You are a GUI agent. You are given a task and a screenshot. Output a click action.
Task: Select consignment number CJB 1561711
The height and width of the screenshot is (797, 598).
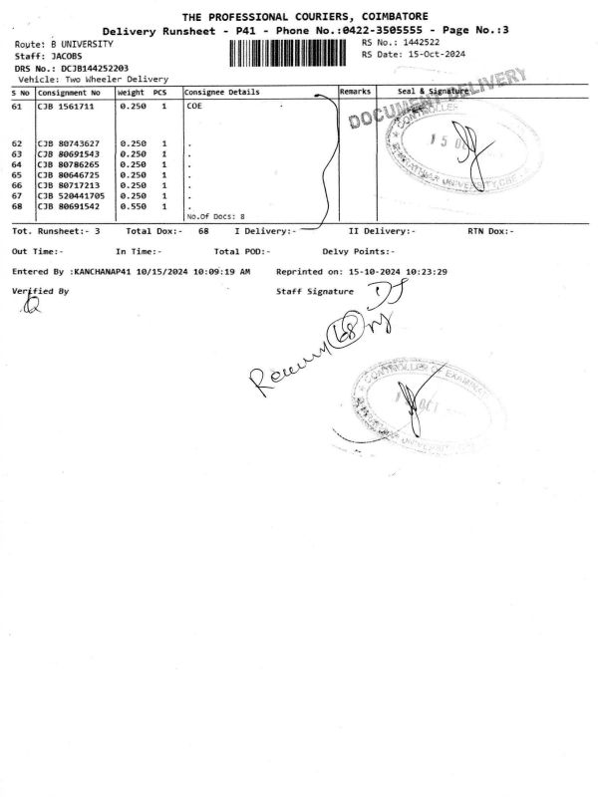click(68, 105)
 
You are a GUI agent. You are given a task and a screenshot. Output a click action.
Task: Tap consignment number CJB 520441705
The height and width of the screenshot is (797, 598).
click(72, 195)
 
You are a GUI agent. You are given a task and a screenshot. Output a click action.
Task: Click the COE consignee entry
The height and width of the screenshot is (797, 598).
click(194, 105)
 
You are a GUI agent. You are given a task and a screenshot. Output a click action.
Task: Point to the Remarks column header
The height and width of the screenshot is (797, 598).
click(355, 92)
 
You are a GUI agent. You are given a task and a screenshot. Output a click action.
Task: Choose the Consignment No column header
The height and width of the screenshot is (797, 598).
click(69, 92)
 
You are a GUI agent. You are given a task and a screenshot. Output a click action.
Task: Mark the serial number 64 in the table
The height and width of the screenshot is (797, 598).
click(17, 164)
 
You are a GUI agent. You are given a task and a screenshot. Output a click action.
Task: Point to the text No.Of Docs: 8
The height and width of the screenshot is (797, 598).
click(215, 216)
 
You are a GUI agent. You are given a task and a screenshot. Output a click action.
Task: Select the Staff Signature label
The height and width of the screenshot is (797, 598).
click(314, 292)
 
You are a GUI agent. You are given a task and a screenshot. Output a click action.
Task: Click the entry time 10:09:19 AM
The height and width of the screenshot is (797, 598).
click(214, 271)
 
